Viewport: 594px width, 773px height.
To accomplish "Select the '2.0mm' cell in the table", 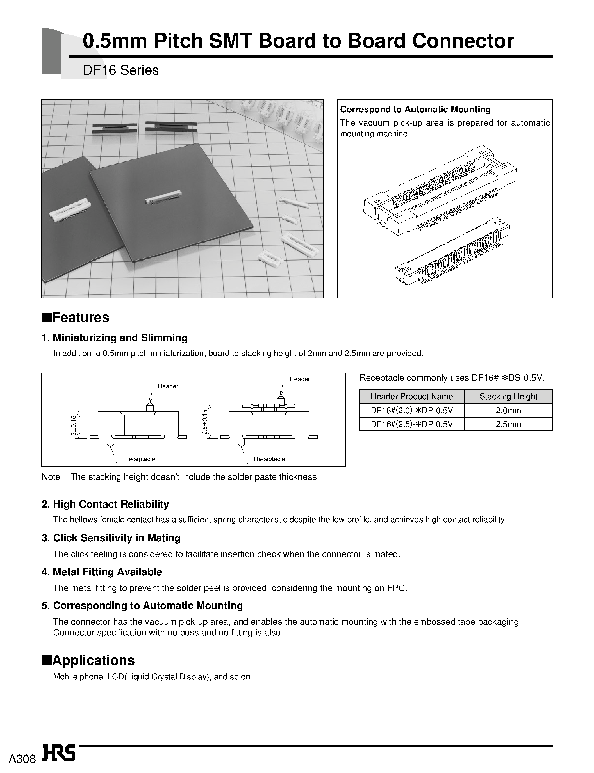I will [508, 410].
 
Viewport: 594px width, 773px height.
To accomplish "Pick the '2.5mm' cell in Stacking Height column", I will [508, 424].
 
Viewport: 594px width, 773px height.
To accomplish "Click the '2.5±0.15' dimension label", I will [204, 423].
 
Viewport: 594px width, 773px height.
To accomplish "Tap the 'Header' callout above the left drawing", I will [168, 386].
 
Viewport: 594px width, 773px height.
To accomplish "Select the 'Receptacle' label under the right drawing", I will [269, 459].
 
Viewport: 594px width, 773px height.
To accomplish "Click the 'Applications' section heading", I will [93, 660].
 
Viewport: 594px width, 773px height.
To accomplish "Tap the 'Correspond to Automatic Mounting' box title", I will [415, 109].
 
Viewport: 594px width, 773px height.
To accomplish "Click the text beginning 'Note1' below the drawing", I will [180, 477].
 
